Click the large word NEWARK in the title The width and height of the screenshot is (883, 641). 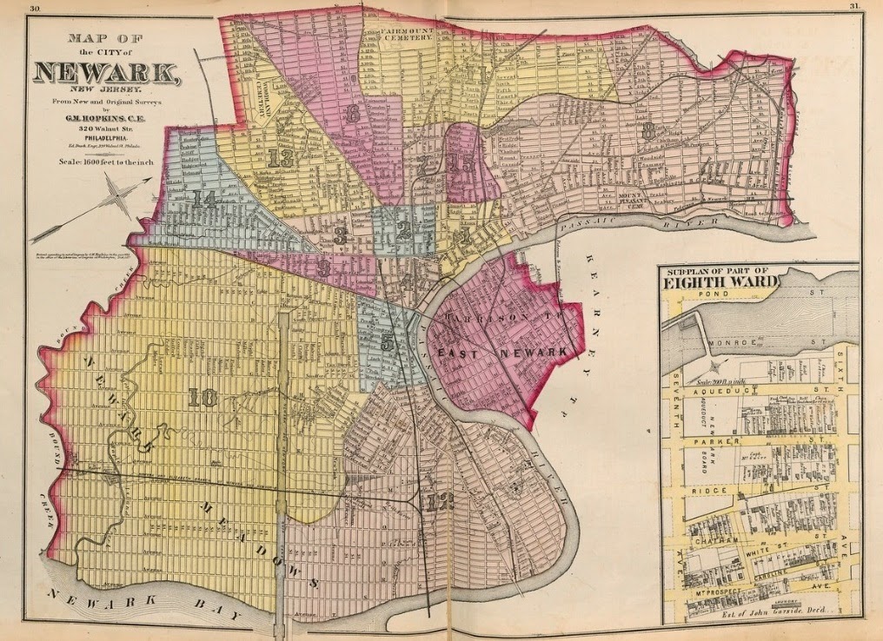pyautogui.click(x=107, y=71)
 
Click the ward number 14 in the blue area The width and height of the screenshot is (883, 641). pyautogui.click(x=205, y=199)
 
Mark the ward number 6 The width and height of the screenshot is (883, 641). pyautogui.click(x=352, y=114)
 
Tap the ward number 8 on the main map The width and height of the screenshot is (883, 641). pyautogui.click(x=647, y=131)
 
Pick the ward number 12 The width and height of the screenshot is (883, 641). pyautogui.click(x=440, y=501)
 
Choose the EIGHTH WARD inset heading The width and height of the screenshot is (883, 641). pyautogui.click(x=721, y=281)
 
